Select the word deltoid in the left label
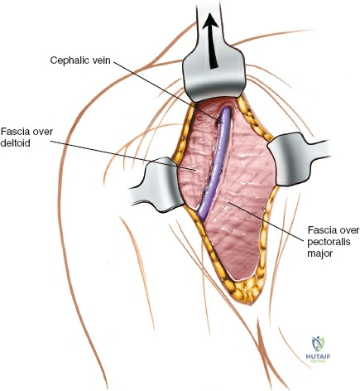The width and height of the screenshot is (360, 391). point(16,143)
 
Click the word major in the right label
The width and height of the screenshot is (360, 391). point(320,253)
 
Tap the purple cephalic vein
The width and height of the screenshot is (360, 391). point(214,164)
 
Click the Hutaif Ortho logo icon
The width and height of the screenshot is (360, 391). point(318,344)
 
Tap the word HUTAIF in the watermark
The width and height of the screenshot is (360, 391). point(318,356)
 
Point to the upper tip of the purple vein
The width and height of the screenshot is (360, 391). point(226,109)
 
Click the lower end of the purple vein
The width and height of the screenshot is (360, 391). point(201,218)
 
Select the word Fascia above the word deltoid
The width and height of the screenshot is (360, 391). point(15,132)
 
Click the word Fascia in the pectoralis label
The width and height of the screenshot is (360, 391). point(321,229)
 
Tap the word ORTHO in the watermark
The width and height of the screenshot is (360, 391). point(318,361)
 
